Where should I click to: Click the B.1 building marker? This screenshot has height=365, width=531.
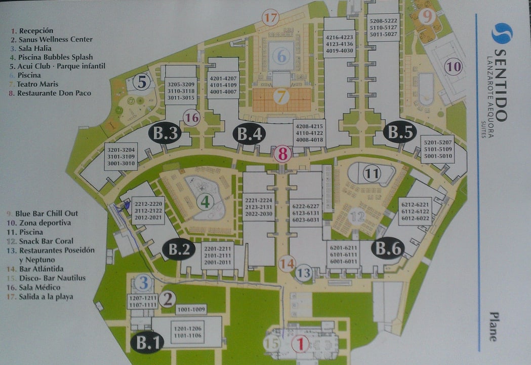148,343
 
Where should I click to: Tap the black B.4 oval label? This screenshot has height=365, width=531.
250,134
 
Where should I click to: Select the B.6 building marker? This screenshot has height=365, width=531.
388,248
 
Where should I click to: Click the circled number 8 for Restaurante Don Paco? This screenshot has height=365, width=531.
283,154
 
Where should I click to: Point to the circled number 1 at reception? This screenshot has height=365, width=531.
300,345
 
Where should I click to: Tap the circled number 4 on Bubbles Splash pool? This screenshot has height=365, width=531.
205,202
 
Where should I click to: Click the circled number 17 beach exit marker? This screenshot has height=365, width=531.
271,18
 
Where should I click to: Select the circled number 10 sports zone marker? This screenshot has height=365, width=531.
454,66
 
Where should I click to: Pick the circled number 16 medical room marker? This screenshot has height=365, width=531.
192,118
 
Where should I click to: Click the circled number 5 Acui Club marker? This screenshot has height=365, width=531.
142,82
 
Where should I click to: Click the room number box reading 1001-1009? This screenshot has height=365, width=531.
191,309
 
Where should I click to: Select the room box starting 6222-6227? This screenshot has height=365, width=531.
306,212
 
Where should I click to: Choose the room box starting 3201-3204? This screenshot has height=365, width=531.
121,156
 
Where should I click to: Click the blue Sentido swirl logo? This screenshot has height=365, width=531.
502,33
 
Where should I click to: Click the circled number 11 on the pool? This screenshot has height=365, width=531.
372,174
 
